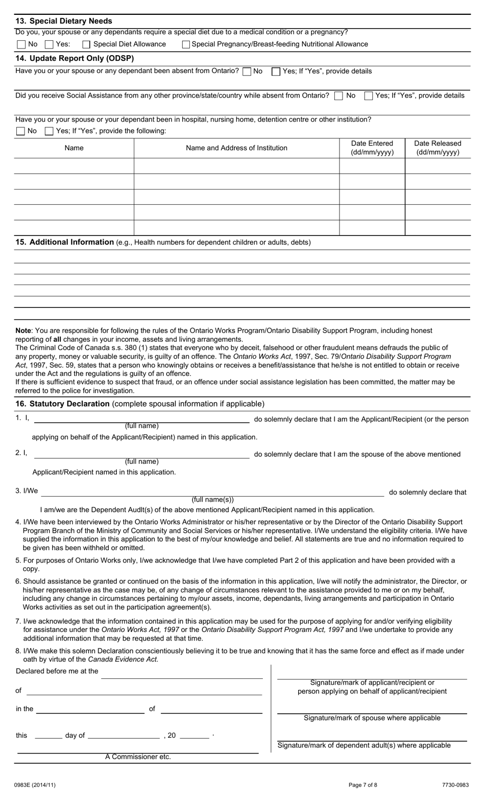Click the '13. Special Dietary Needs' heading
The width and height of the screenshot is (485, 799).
[x=64, y=21]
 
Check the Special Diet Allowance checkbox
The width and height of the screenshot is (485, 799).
[x=86, y=44]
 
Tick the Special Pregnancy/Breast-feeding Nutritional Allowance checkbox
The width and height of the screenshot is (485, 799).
[x=186, y=44]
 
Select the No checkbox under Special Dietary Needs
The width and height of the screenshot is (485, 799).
[x=21, y=44]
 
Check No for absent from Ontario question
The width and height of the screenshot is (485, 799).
[x=247, y=72]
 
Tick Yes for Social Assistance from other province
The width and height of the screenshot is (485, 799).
[x=368, y=96]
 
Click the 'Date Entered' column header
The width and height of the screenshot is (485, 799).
[x=372, y=148]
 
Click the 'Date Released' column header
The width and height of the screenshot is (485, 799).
[x=438, y=148]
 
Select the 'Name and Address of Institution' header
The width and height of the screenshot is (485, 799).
[x=236, y=148]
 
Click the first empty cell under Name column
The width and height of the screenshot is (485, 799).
[x=74, y=166]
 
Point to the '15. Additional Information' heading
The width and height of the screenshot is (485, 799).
[x=64, y=242]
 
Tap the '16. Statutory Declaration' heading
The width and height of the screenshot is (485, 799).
[x=62, y=404]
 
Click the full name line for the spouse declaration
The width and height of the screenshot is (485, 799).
[x=141, y=455]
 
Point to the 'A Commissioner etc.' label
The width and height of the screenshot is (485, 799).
[x=138, y=757]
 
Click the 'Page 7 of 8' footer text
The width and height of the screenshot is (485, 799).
[x=363, y=785]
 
